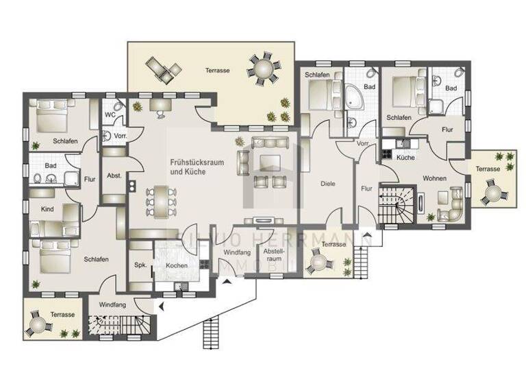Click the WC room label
[110, 115]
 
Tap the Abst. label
[114, 176]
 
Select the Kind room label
[47, 208]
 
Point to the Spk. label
[140, 265]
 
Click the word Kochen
[177, 265]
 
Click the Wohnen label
[434, 178]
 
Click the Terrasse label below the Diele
[334, 244]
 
